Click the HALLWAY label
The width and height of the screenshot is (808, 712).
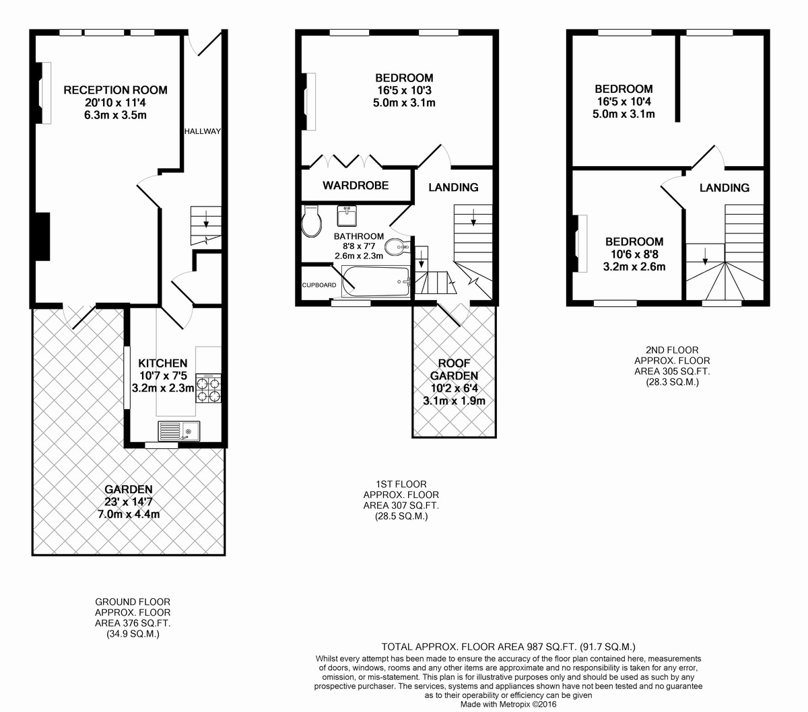coord(202,131)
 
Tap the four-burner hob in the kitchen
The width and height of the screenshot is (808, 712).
coord(208,388)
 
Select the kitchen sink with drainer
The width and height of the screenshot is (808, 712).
coord(179,431)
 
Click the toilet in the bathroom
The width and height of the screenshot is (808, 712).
coord(312,221)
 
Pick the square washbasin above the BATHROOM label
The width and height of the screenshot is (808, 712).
coord(347,215)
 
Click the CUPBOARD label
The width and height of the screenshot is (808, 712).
coord(319,285)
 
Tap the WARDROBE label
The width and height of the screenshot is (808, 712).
coord(356,185)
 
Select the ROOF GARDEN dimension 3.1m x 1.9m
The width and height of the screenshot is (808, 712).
coord(454,400)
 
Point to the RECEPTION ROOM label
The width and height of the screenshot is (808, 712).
coord(115,90)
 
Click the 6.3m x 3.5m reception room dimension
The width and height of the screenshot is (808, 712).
coord(115,115)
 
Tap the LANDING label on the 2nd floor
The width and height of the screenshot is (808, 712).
coord(725,188)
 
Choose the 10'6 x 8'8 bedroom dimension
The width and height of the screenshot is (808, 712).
coord(634,254)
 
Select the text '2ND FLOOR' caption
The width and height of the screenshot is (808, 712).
coord(672,350)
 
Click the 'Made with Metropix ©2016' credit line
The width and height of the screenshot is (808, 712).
coord(508,705)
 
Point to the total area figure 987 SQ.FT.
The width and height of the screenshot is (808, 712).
coord(547,647)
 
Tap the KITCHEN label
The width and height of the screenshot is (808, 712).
coord(163,363)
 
